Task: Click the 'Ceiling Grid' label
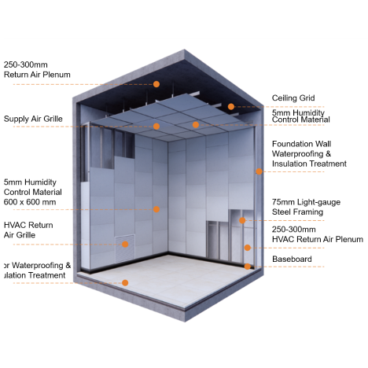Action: [293, 98]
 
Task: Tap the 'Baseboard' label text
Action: [292, 259]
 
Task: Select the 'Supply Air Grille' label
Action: [32, 119]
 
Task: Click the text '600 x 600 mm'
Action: [30, 202]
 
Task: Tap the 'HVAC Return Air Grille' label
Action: [28, 229]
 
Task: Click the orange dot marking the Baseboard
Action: [248, 267]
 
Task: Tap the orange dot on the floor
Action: [123, 282]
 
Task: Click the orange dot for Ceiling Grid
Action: [231, 106]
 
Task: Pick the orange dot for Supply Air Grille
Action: [156, 126]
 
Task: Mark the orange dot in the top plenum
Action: [156, 83]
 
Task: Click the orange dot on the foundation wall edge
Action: [258, 170]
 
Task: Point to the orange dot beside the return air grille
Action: [124, 244]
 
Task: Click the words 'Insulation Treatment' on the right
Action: [308, 164]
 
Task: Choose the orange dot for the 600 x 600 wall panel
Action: [156, 209]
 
